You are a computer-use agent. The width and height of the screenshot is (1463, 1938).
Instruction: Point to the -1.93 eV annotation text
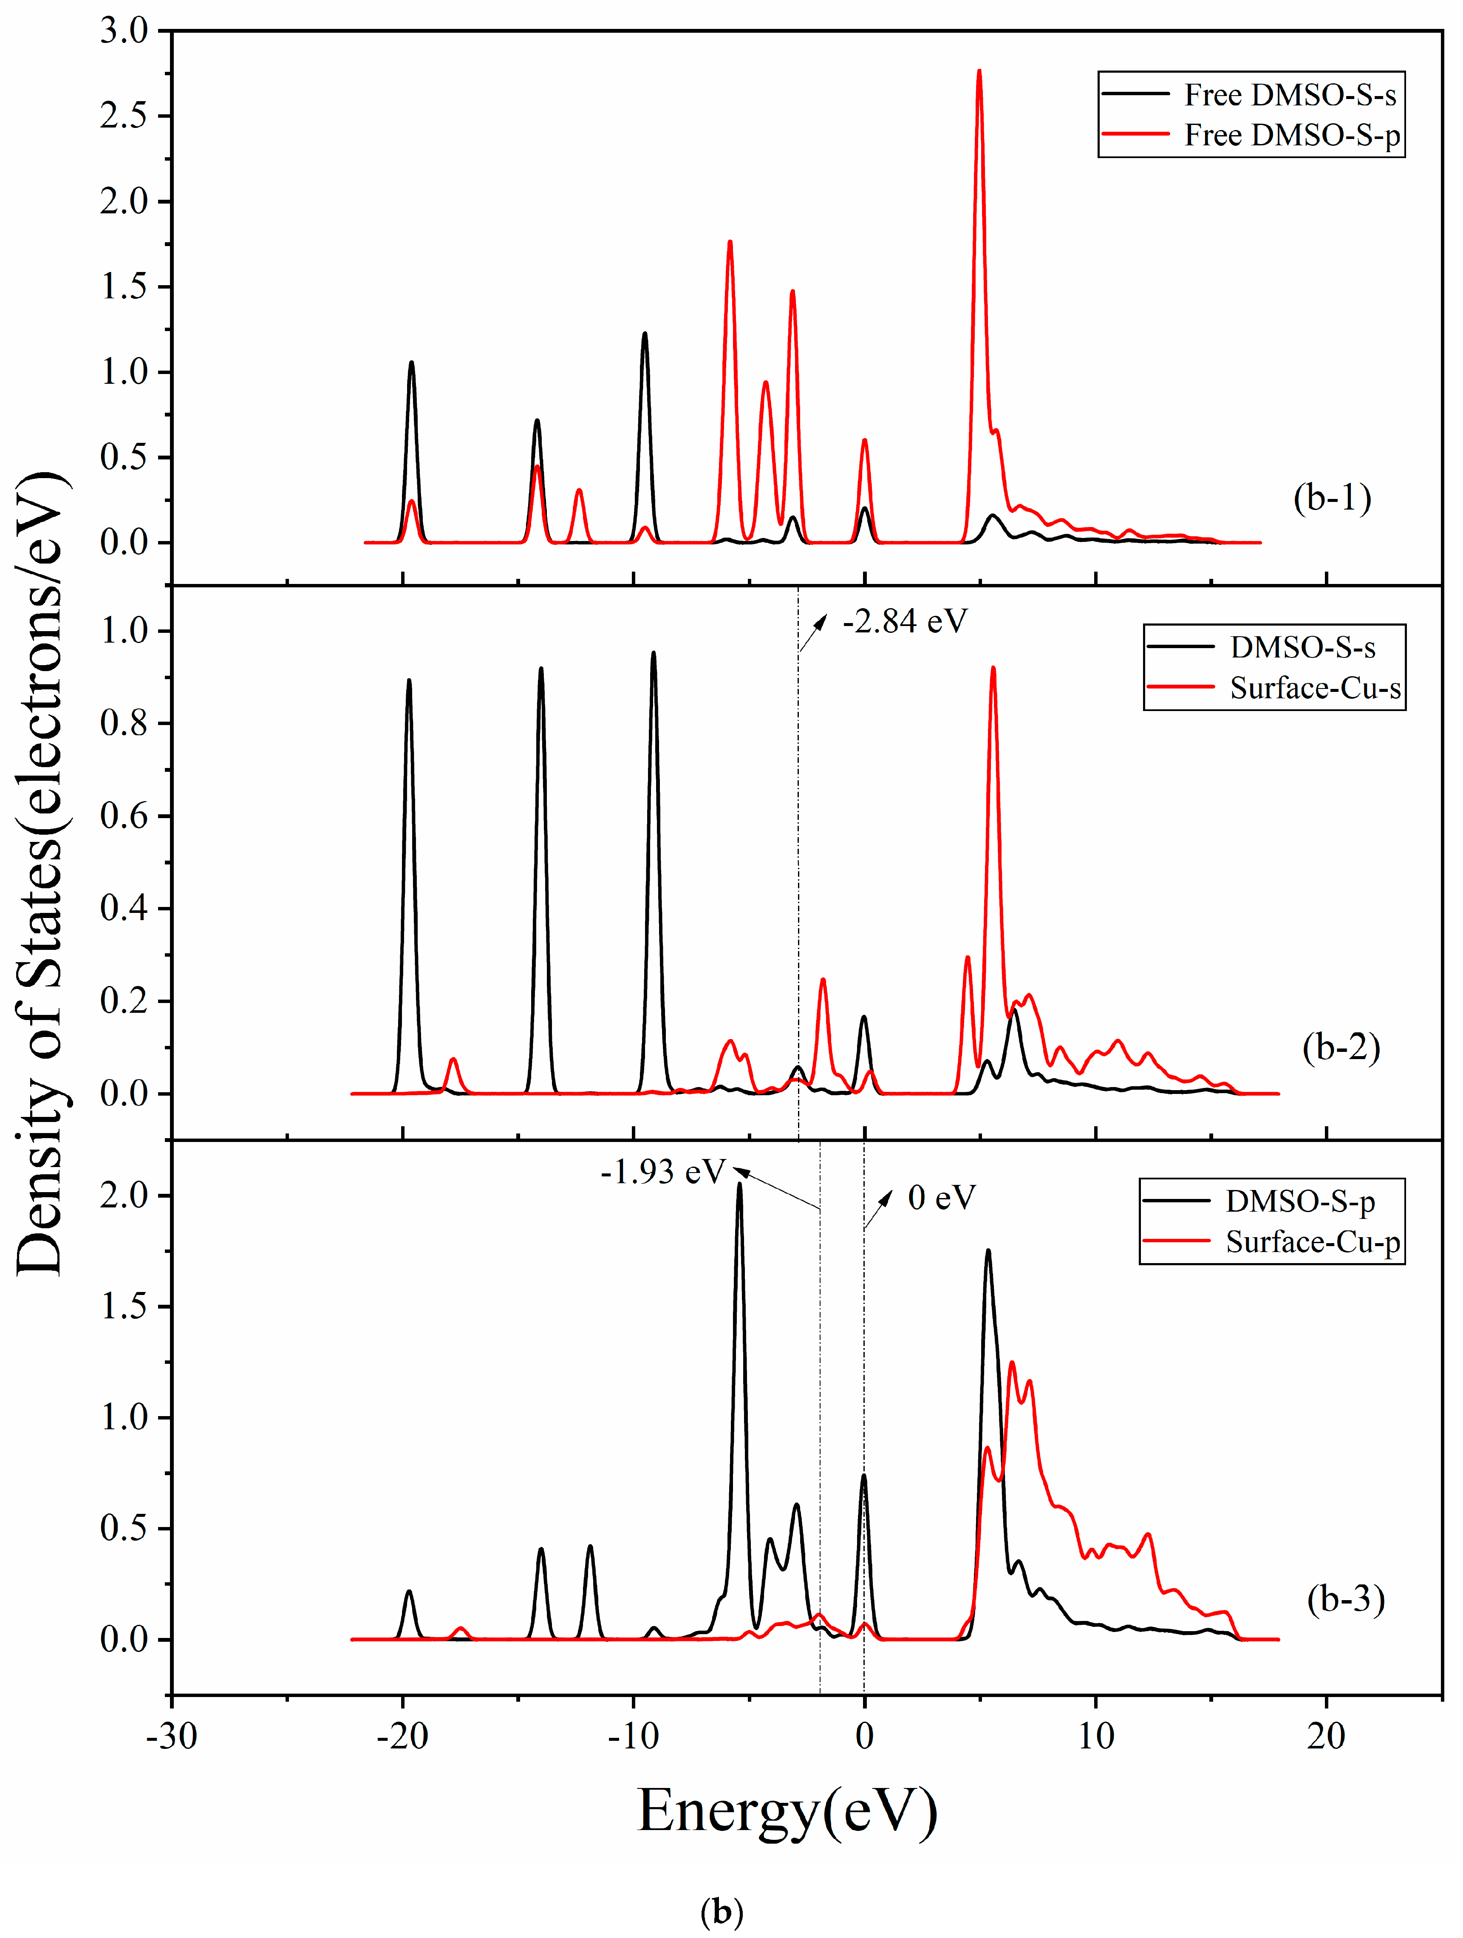[x=663, y=1171]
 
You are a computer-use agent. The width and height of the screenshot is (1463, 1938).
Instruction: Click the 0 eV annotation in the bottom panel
[x=942, y=1198]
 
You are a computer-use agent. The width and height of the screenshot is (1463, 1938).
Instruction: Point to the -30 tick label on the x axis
[x=172, y=1735]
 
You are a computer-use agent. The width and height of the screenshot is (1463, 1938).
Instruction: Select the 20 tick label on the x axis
[x=1325, y=1735]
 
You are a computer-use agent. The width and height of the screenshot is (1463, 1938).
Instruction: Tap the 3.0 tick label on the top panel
[x=125, y=31]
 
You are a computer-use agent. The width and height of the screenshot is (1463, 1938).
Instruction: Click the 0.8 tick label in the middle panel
[x=125, y=724]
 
